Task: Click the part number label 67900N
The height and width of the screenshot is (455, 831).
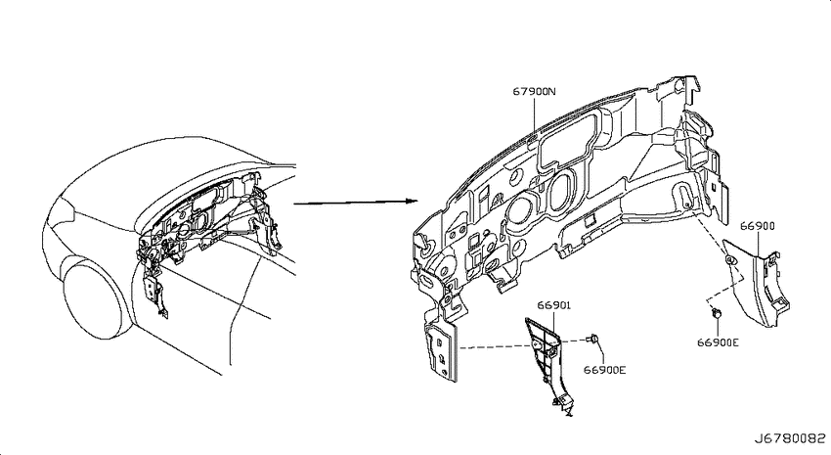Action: pos(534,91)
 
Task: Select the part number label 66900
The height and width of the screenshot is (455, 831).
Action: pos(758,226)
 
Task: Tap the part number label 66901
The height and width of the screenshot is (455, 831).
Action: pos(553,305)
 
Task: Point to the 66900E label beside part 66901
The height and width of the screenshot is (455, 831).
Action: pos(605,370)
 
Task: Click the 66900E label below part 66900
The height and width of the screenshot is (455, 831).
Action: pos(718,342)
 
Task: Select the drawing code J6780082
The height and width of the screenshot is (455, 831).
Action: pos(790,439)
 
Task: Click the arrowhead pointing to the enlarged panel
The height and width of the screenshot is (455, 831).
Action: pos(413,201)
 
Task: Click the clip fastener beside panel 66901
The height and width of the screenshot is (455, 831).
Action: pos(593,339)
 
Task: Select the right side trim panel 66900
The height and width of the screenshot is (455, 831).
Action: pos(757,282)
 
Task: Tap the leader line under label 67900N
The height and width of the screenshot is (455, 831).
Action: pos(534,117)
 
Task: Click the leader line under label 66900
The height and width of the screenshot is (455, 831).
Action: pos(758,245)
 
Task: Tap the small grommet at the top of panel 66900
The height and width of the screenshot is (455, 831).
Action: pos(729,260)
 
